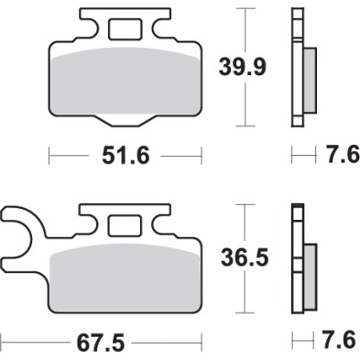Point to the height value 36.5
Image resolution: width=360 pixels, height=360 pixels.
pos(245,260)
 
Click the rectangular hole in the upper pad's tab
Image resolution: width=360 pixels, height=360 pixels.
pos(123,29)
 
